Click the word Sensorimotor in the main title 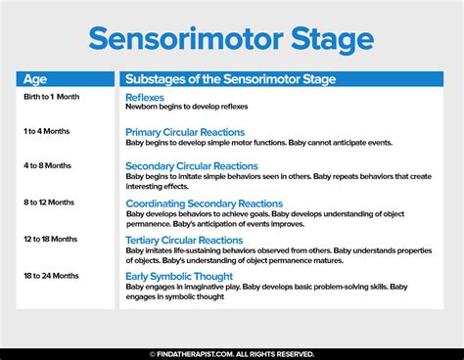pyautogui.click(x=183, y=39)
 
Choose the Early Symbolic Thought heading pyautogui.click(x=179, y=276)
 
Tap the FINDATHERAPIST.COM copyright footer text pyautogui.click(x=236, y=353)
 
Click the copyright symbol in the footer pyautogui.click(x=153, y=353)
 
